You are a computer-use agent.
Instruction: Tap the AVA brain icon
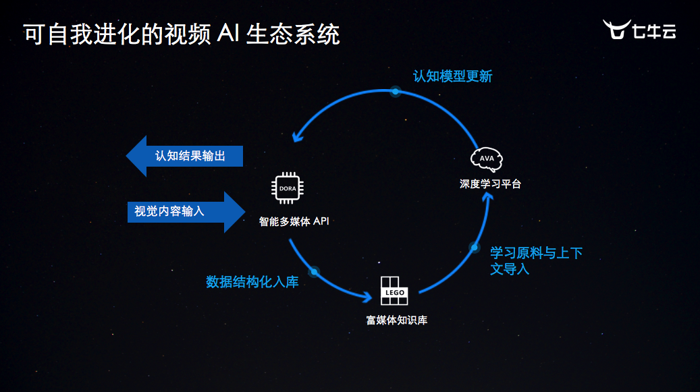tap(487, 159)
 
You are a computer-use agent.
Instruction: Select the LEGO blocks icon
tap(394, 290)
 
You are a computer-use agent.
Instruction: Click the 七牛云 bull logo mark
tap(615, 30)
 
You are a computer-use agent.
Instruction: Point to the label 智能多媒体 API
tap(294, 221)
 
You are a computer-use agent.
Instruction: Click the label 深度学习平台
tap(491, 184)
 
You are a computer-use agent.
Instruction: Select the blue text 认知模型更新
tap(453, 76)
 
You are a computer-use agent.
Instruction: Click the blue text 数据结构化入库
tap(252, 282)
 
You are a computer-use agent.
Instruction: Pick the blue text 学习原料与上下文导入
tap(535, 260)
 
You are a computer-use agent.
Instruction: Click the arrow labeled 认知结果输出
tap(184, 156)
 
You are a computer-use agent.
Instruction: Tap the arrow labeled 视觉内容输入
tap(186, 211)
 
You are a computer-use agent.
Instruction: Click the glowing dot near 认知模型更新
tap(396, 90)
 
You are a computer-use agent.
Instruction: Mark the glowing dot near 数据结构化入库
tap(313, 271)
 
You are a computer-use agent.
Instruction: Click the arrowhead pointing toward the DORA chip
tap(296, 138)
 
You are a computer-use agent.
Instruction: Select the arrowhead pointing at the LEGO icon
tap(369, 297)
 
